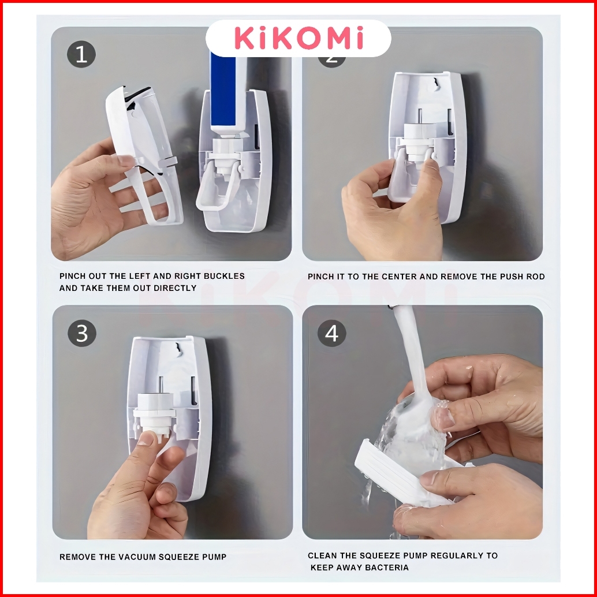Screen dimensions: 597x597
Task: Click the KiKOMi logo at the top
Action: point(298,38)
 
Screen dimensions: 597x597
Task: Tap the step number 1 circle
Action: point(81,54)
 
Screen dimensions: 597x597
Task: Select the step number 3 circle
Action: point(82,333)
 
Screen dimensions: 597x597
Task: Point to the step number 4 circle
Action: point(331,333)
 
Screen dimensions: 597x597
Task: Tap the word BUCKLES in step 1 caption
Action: point(224,276)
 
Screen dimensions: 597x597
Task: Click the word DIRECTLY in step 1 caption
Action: point(175,288)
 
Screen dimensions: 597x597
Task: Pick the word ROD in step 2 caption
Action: point(536,277)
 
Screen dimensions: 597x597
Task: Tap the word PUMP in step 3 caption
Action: point(215,557)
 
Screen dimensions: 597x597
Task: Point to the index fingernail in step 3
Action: point(146,438)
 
